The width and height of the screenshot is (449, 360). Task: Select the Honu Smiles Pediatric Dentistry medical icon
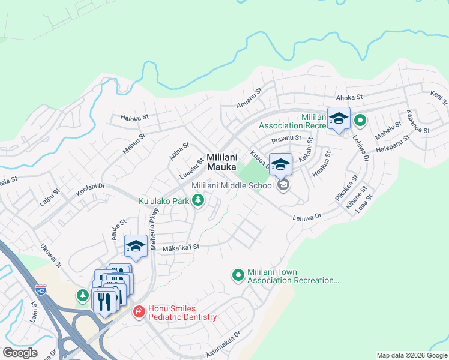coord(139,311)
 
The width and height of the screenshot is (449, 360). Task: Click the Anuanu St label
coord(249,97)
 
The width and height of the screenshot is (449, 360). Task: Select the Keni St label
coord(439,96)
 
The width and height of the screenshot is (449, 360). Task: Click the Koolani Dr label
coord(91,190)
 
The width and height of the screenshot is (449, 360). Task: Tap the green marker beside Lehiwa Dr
coord(360,121)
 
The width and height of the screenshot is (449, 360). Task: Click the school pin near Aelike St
coord(136,245)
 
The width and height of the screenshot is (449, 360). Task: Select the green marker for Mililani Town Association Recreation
coord(238,275)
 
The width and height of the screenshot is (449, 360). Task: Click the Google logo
coord(20,353)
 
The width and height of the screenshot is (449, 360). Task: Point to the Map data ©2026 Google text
coord(412,355)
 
